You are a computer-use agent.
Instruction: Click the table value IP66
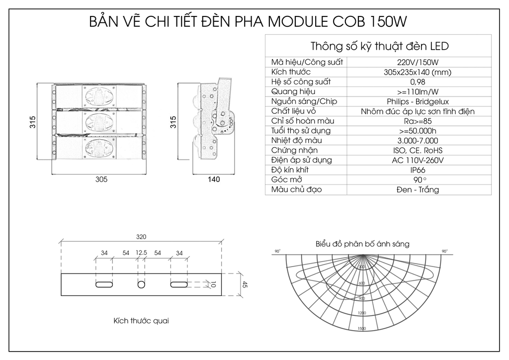pos(418,170)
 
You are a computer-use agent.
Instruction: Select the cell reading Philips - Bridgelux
pos(418,101)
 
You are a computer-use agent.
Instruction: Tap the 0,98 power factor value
pos(418,82)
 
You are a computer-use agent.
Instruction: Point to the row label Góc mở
pos(287,180)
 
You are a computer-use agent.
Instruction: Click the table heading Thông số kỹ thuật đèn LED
pos(379,46)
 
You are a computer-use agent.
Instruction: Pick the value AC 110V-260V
pos(418,160)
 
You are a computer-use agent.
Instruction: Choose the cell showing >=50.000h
pos(418,131)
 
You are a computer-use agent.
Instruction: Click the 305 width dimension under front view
pos(101,180)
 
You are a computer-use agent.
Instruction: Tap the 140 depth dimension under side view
pos(213,180)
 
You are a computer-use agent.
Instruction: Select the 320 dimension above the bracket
pos(141,238)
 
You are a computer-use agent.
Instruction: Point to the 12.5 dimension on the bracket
pos(141,253)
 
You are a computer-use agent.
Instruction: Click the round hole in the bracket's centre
pos(142,284)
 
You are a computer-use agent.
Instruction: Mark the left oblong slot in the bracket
pos(104,284)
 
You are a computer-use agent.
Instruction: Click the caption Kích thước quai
pos(141,321)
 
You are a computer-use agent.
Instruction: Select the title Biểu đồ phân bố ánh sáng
pos(362,244)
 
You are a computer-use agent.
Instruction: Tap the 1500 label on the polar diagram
pos(361,329)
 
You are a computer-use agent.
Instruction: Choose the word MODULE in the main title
pos(296,22)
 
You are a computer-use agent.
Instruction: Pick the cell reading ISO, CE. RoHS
pos(418,150)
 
